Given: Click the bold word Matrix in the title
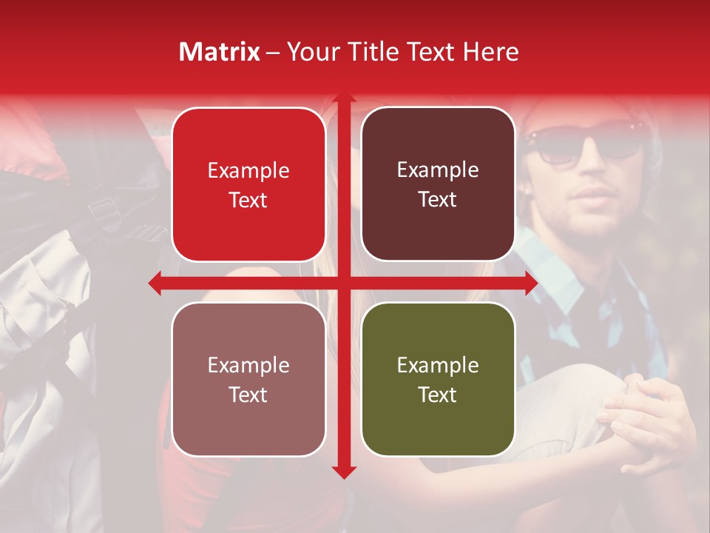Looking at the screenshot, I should pyautogui.click(x=220, y=52).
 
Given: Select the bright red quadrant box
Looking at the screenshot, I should pyautogui.click(x=248, y=184).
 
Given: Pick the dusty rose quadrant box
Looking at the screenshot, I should pyautogui.click(x=248, y=379).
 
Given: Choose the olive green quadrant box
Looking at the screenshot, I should pyautogui.click(x=438, y=379).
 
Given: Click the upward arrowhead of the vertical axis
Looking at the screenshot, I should pyautogui.click(x=343, y=100).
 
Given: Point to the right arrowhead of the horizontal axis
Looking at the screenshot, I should pyautogui.click(x=530, y=283).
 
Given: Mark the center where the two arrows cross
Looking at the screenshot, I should pyautogui.click(x=343, y=283).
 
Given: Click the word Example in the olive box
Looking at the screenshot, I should pyautogui.click(x=438, y=365).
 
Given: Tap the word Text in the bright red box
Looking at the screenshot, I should pyautogui.click(x=248, y=200).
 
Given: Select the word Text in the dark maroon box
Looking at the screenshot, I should pyautogui.click(x=438, y=199).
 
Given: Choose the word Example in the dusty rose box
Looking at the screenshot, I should pyautogui.click(x=248, y=365).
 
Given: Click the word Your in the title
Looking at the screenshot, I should pyautogui.click(x=310, y=52).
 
